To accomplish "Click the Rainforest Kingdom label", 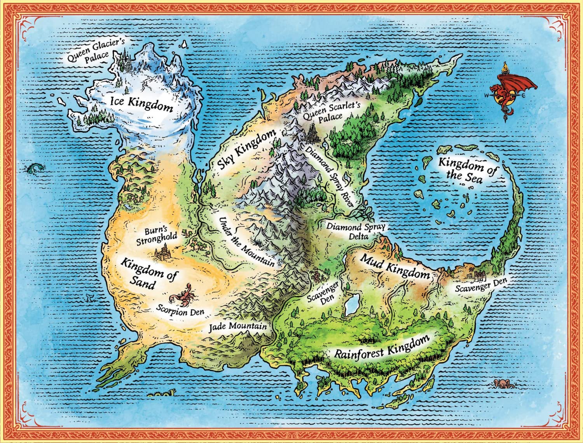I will [x=381, y=348].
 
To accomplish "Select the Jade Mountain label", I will [x=238, y=326].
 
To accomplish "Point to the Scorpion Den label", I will [x=180, y=311].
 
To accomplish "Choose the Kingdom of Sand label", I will [x=148, y=274].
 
